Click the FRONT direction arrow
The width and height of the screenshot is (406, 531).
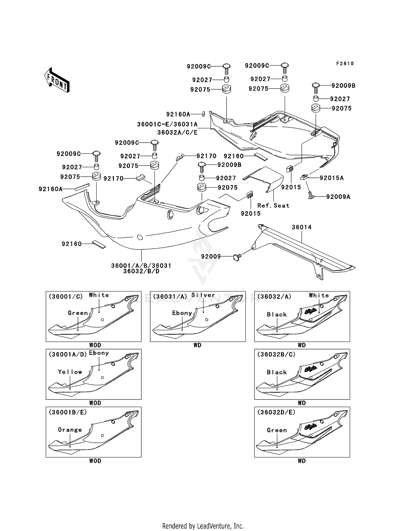(x=57, y=80)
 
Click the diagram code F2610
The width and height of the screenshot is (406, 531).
(x=345, y=64)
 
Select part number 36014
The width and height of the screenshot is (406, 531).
(x=302, y=227)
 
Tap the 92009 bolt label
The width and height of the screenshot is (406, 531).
(x=211, y=256)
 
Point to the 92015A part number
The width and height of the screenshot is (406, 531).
(x=332, y=178)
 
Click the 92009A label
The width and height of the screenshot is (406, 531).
(x=338, y=197)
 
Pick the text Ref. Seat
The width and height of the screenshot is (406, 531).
(x=273, y=206)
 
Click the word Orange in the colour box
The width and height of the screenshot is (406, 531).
(x=70, y=430)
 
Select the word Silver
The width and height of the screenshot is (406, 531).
(x=203, y=295)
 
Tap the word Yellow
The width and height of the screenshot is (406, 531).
(x=70, y=372)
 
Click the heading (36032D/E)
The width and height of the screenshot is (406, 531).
(x=276, y=412)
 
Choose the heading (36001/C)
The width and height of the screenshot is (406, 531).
(x=66, y=297)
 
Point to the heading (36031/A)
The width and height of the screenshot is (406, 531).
(x=170, y=297)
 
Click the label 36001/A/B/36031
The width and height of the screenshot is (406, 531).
(x=141, y=266)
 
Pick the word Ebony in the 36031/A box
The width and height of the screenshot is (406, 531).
(x=182, y=313)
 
